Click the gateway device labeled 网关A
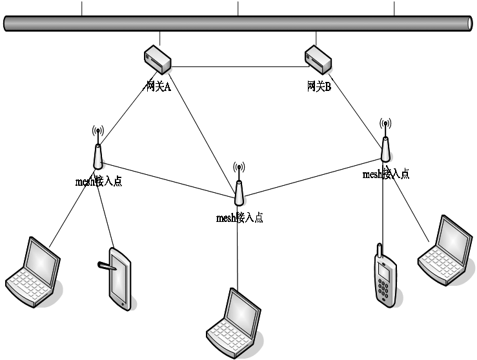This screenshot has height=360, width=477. [x=157, y=59]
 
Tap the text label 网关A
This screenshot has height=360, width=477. [x=157, y=86]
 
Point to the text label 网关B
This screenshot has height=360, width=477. [x=319, y=86]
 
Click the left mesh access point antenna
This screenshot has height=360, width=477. [x=97, y=152]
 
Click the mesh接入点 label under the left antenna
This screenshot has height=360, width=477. [x=98, y=181]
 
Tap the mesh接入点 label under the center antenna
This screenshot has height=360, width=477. [x=239, y=217]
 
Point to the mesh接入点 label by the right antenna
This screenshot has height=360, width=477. [x=385, y=174]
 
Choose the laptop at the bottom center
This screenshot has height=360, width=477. [x=233, y=323]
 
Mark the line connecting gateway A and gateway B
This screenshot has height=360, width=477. [x=239, y=66]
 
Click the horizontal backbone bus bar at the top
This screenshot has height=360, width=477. [x=238, y=23]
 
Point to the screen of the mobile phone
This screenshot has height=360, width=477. [x=383, y=272]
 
